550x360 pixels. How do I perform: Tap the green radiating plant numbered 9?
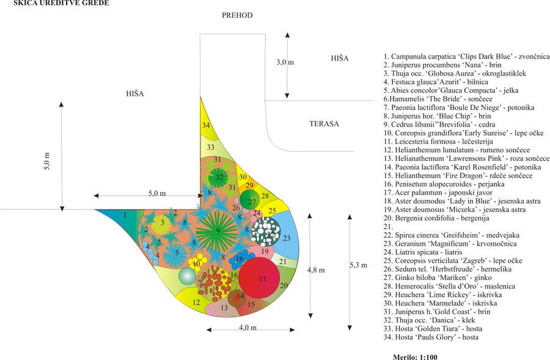(217, 231)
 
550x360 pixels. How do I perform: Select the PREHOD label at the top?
(237, 15)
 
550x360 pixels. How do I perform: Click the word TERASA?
(324, 123)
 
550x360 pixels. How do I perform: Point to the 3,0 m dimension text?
(285, 62)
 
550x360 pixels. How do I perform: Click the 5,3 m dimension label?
(360, 265)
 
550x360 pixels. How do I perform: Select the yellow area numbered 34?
(207, 125)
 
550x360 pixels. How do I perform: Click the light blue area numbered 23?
(287, 238)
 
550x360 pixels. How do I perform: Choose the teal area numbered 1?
(125, 216)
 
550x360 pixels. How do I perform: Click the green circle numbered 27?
(251, 201)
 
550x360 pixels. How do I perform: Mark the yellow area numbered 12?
(196, 301)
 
